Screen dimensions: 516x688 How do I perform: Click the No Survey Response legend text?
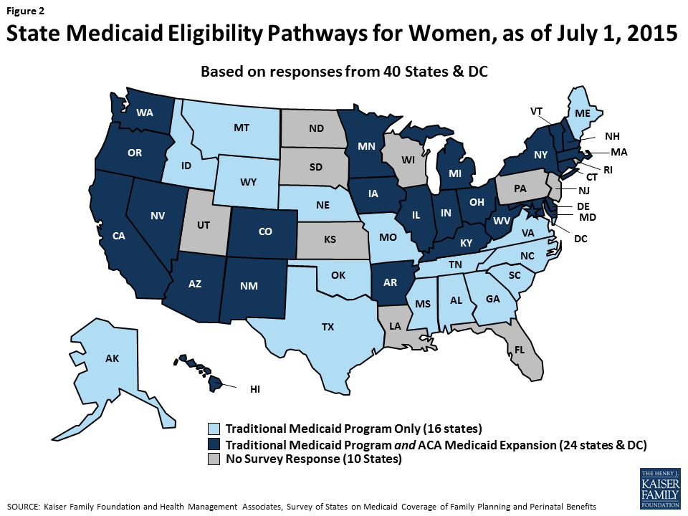pyautogui.click(x=312, y=460)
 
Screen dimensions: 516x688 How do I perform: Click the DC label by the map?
pyautogui.click(x=580, y=239)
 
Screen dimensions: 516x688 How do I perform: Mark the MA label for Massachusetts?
pyautogui.click(x=619, y=152)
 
